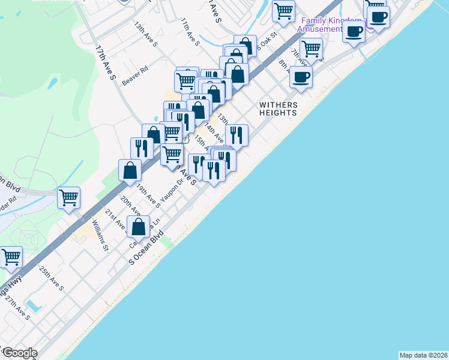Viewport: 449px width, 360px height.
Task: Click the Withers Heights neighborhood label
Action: click(278, 109)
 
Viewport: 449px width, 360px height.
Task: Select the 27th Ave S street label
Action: click(19, 307)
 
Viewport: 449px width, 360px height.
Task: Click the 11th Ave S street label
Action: click(189, 31)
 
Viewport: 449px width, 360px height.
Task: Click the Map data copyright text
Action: click(423, 355)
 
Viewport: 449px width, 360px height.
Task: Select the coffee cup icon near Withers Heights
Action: click(301, 77)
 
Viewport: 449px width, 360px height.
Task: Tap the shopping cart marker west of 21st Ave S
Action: click(68, 197)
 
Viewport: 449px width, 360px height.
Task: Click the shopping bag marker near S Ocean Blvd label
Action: click(139, 227)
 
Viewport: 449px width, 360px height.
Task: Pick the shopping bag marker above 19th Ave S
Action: click(130, 171)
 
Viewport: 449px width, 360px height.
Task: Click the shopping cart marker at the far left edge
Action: click(10, 257)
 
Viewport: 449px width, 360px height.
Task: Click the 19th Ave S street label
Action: click(148, 197)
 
